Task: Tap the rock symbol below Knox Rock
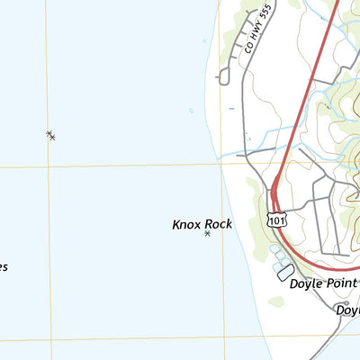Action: (207, 234)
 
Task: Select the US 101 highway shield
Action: (275, 219)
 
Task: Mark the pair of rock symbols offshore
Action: (50, 135)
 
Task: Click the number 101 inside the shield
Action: (275, 219)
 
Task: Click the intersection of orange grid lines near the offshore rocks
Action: (49, 166)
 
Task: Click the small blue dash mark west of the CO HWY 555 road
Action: (231, 109)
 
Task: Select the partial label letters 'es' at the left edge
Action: (4, 267)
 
